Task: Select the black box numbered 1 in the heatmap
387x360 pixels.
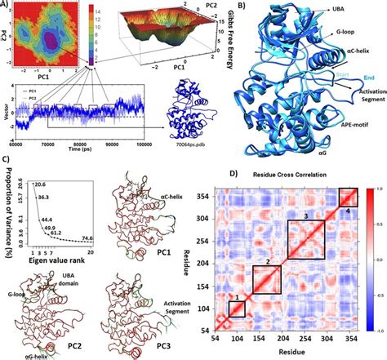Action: (x=236, y=309)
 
